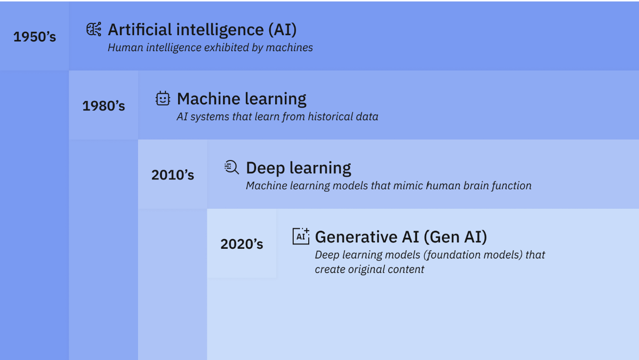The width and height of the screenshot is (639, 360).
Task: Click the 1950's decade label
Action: [x=35, y=37]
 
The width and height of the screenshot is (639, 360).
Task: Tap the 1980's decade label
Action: [x=103, y=106]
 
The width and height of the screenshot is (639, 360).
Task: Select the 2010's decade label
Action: [x=173, y=175]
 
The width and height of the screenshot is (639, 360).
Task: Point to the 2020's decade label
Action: [x=241, y=244]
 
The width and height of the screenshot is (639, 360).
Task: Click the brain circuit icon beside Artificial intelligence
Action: [x=94, y=29]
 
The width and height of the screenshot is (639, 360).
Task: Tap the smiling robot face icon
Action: [x=163, y=99]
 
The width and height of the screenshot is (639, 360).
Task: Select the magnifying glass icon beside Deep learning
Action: [x=232, y=167]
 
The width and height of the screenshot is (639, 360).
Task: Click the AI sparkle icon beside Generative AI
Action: [x=301, y=236]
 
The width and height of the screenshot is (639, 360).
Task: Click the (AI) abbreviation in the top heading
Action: [x=282, y=30]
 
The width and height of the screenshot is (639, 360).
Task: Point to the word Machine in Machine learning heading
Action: [x=209, y=99]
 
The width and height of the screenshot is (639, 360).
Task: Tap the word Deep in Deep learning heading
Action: [x=265, y=168]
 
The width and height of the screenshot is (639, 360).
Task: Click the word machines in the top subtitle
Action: [x=289, y=48]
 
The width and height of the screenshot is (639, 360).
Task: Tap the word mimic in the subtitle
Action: [x=408, y=186]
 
